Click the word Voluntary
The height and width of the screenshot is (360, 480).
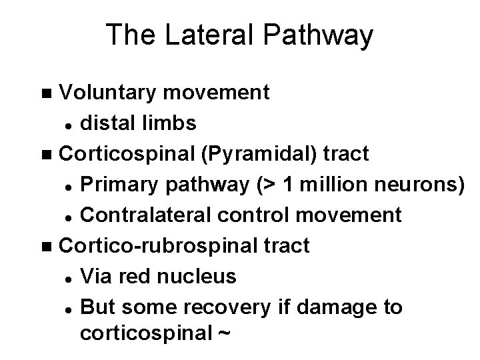[107, 92]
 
